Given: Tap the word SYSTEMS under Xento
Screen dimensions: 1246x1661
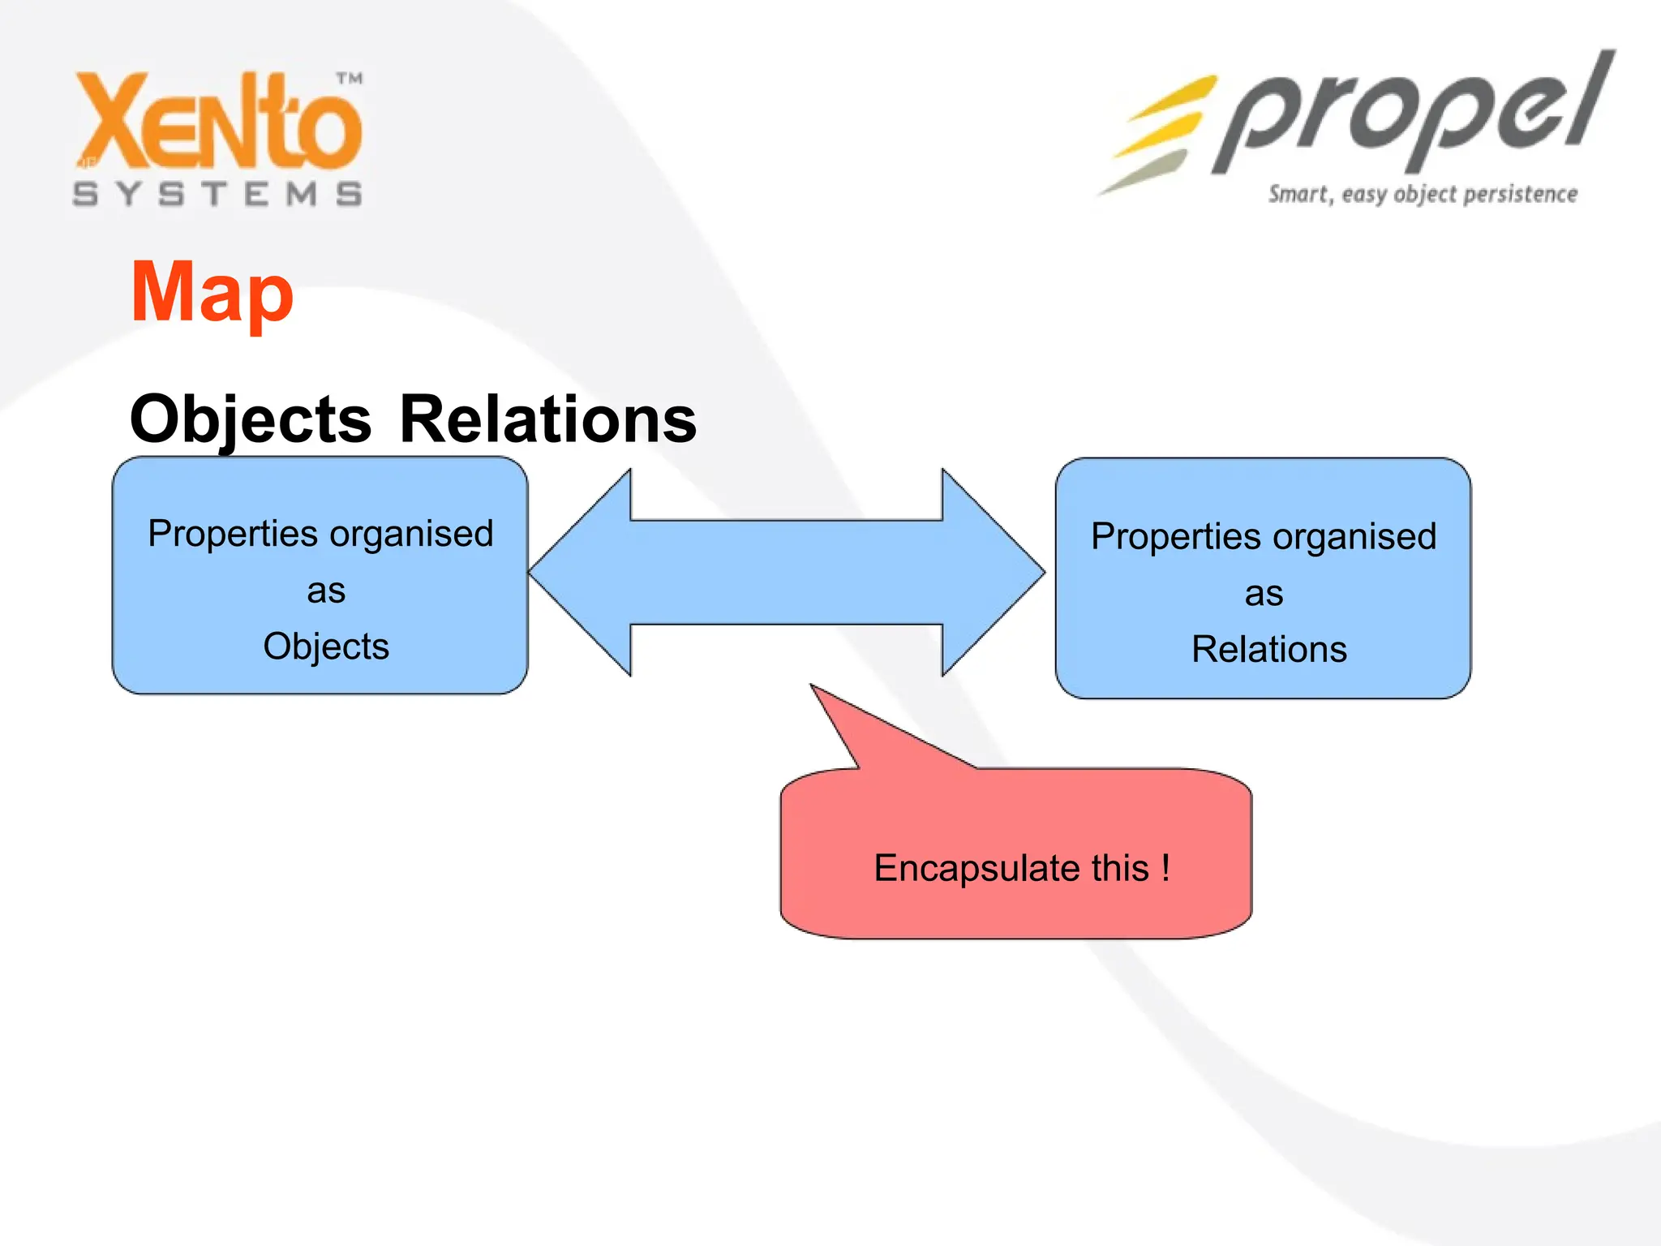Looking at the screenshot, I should point(217,195).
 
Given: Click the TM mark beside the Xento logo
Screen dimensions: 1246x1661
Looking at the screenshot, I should point(350,79).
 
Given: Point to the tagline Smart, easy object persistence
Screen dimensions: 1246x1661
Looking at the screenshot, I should point(1423,195).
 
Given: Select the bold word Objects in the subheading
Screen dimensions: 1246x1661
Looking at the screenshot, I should point(251,419).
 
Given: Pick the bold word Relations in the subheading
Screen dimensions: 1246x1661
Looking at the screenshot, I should point(548,419).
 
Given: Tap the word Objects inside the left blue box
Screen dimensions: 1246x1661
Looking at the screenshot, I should point(326,647).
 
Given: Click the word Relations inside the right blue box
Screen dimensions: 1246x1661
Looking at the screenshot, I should point(1269,650).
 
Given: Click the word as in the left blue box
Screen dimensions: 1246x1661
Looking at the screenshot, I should point(326,591).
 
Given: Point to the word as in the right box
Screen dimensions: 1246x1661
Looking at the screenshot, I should point(1264,594).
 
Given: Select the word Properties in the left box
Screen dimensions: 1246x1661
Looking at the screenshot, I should point(233,535).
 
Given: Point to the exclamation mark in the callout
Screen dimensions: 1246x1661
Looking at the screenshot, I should point(1165,867).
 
